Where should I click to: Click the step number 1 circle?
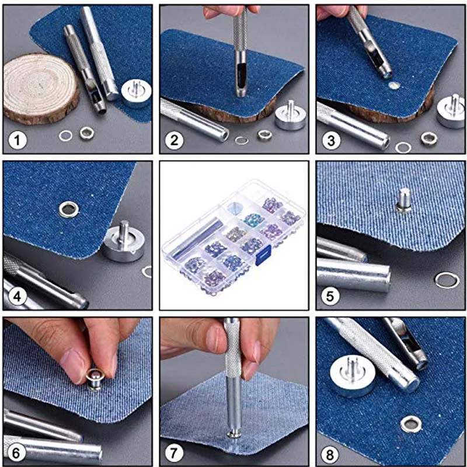(x=18, y=140)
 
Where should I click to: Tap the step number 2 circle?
(x=174, y=140)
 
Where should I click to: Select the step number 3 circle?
(x=331, y=140)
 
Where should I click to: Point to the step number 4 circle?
(x=17, y=297)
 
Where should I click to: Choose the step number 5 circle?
(x=330, y=297)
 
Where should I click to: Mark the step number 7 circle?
(x=173, y=453)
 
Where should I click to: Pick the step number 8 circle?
(x=330, y=455)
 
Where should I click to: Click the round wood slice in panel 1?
(x=41, y=89)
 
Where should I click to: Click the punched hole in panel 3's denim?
(x=393, y=86)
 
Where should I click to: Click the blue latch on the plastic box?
(x=263, y=255)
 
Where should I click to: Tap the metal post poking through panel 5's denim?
(x=404, y=200)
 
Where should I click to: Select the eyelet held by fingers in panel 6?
(x=95, y=379)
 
